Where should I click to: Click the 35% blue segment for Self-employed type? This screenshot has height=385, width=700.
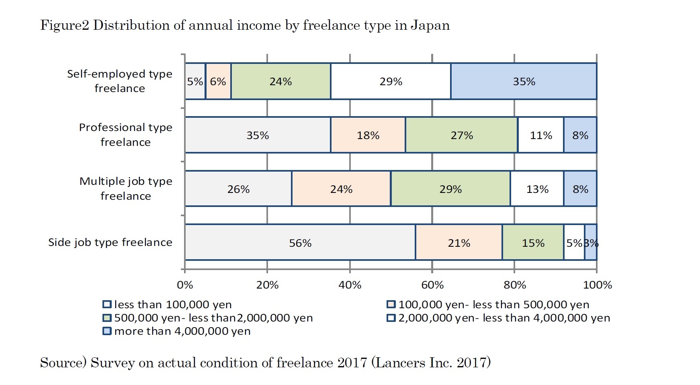[x=524, y=81]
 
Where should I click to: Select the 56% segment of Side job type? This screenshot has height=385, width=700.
[x=300, y=243]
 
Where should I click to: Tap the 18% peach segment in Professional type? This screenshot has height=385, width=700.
[x=368, y=135]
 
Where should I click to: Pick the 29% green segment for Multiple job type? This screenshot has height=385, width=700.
[x=450, y=189]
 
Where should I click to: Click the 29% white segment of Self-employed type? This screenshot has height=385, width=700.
[x=391, y=81]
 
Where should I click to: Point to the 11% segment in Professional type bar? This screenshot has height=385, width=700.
[x=541, y=135]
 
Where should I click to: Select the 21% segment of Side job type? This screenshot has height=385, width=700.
[x=459, y=243]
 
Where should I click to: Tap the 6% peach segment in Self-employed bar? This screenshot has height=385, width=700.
[x=218, y=81]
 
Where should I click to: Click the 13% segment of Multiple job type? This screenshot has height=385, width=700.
[x=537, y=189]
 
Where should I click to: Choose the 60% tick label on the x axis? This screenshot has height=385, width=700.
[x=432, y=285]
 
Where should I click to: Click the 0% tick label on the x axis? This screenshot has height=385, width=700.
[x=185, y=285]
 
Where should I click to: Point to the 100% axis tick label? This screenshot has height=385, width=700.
[x=597, y=285]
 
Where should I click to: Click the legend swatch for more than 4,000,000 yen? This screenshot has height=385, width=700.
[x=107, y=331]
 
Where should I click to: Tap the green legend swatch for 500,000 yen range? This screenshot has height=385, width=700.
[x=107, y=318]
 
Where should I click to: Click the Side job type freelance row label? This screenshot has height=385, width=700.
[x=110, y=242]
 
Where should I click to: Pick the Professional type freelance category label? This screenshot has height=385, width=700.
[x=125, y=135]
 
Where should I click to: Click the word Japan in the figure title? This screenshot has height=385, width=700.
[x=430, y=25]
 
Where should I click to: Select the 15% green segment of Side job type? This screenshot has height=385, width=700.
[x=533, y=243]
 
